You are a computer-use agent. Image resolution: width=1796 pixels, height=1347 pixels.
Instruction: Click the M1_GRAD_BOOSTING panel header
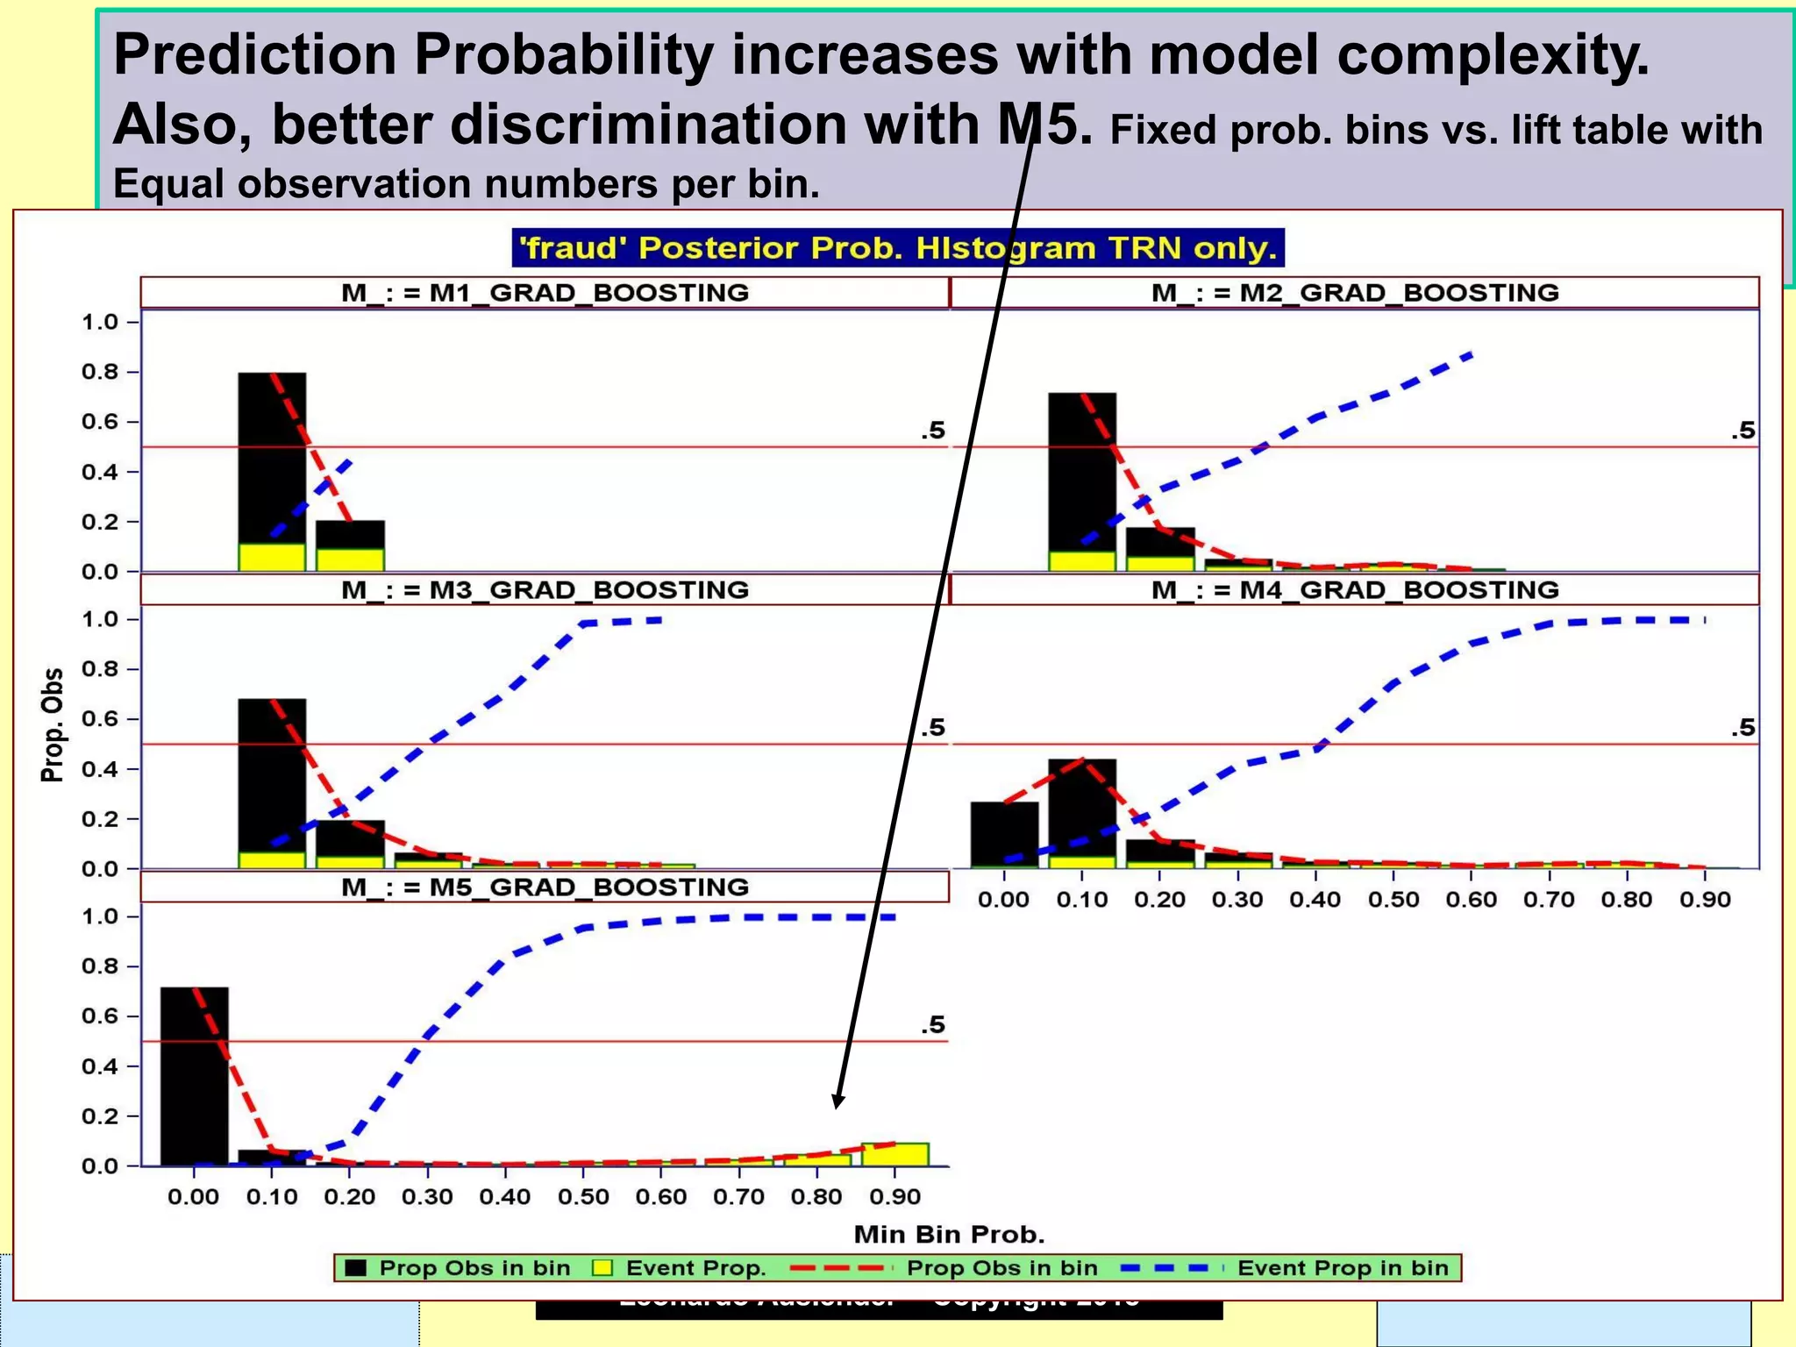click(545, 293)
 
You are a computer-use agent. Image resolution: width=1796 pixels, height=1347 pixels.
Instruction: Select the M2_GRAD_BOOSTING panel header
click(1354, 293)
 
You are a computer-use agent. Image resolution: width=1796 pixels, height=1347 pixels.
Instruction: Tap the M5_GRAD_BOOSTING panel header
click(545, 887)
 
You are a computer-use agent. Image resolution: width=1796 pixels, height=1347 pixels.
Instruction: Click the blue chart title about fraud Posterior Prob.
click(898, 248)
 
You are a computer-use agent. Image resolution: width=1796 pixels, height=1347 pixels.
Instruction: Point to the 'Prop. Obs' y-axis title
click(53, 724)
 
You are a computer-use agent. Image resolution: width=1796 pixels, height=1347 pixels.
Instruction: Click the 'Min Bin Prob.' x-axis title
click(949, 1235)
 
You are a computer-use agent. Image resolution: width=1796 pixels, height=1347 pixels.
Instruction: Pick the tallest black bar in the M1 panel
click(272, 456)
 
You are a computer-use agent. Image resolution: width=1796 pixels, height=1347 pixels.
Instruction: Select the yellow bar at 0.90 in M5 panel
click(894, 1154)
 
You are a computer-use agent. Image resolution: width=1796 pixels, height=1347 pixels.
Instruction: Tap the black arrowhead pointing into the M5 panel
click(838, 1101)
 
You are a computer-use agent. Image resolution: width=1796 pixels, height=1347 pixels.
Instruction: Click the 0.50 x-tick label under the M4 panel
click(1393, 900)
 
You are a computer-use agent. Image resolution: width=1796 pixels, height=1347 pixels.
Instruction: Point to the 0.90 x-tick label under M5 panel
click(894, 1197)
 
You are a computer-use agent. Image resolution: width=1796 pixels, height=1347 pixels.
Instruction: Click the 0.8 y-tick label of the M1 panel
click(99, 372)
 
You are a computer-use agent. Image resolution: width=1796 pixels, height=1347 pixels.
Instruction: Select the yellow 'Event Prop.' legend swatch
click(602, 1268)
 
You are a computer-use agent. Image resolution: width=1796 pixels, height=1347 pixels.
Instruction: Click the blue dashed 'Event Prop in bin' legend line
click(1171, 1268)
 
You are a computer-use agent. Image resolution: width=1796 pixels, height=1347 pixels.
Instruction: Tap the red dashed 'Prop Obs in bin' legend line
click(839, 1268)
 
